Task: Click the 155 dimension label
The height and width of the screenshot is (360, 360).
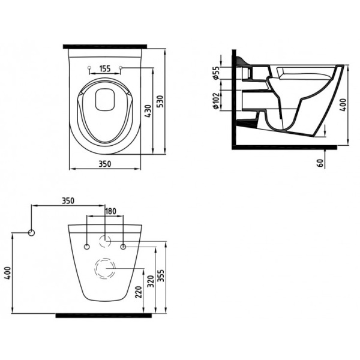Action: tap(105, 68)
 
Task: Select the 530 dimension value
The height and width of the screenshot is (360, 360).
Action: tap(161, 101)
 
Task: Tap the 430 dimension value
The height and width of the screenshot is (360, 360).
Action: tap(148, 112)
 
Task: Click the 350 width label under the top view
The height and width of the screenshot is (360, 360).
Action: tap(104, 164)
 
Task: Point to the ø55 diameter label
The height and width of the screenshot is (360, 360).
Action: tap(216, 73)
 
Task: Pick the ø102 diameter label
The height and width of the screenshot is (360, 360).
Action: tap(216, 101)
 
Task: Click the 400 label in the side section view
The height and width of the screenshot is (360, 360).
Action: tap(343, 105)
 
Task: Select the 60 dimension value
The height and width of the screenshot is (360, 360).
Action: tap(321, 163)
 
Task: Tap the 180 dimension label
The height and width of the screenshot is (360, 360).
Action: tap(110, 211)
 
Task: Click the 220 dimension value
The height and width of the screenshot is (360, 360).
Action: tap(139, 292)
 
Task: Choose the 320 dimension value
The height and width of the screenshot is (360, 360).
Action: tap(151, 281)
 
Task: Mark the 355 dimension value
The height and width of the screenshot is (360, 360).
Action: tap(161, 276)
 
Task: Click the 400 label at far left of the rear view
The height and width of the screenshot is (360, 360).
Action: tap(8, 273)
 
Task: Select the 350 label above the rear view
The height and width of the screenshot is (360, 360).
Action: tap(68, 200)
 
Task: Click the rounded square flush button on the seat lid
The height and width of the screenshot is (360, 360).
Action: tap(105, 99)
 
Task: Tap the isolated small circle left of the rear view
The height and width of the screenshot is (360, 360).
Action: tap(31, 233)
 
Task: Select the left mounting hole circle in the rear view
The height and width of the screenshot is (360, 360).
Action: tap(87, 247)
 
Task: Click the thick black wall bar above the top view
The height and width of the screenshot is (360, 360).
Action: tap(105, 46)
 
